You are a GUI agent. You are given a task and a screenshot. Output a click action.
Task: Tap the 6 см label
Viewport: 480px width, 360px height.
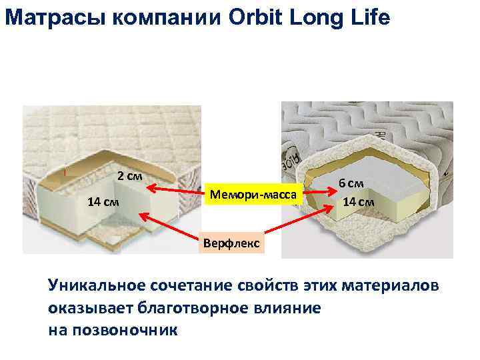pyautogui.click(x=351, y=183)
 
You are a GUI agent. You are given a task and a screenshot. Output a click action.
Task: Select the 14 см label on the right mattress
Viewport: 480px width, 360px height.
pyautogui.click(x=358, y=201)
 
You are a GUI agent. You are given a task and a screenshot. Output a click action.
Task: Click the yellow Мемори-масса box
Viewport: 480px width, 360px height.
pyautogui.click(x=256, y=195)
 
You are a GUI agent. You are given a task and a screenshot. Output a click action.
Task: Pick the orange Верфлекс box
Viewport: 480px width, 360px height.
pyautogui.click(x=233, y=243)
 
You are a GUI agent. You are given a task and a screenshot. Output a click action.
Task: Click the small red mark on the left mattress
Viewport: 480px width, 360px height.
pyautogui.click(x=65, y=171)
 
